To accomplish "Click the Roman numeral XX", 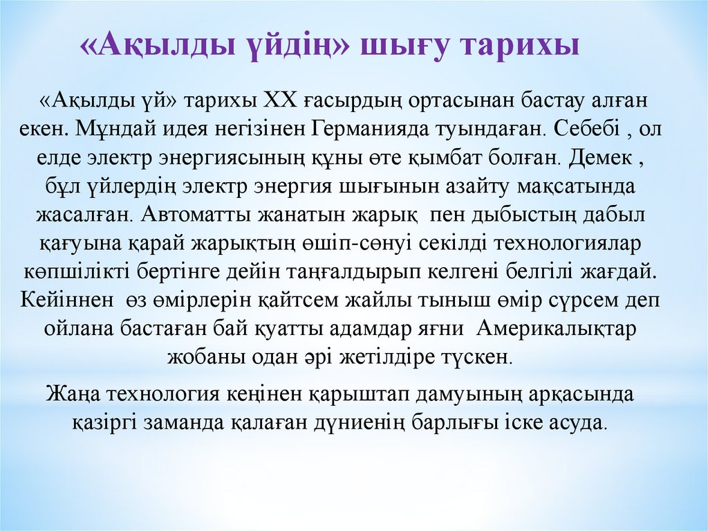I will pos(279,100).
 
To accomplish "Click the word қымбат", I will pos(494,157).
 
